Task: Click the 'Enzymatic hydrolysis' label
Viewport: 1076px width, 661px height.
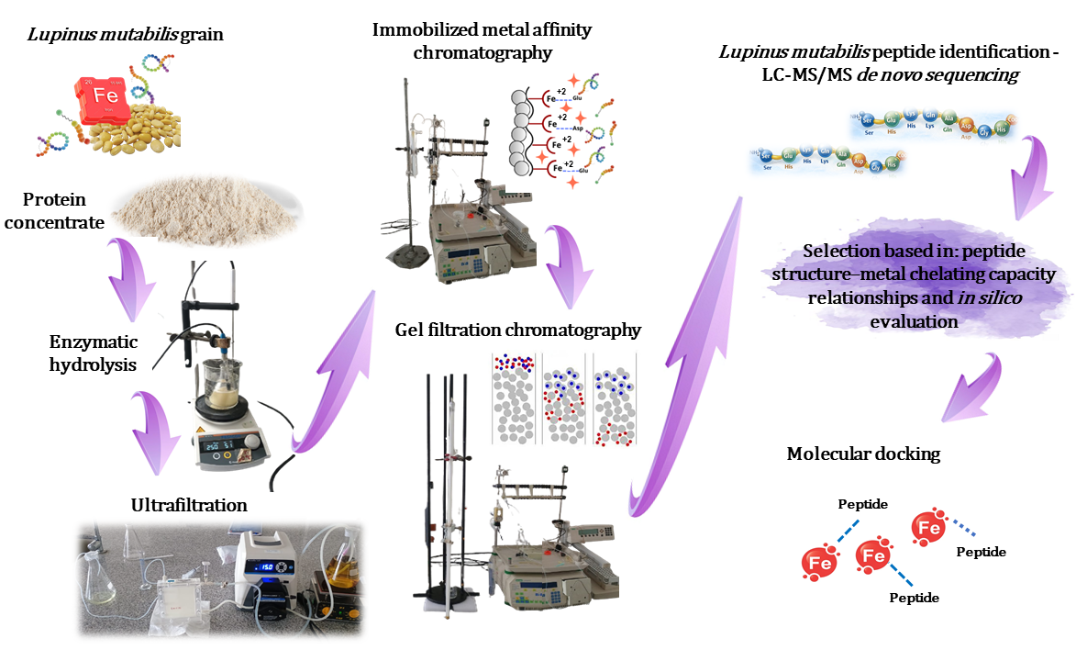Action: (94, 353)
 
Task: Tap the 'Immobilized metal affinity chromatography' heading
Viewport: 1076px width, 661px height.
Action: (482, 40)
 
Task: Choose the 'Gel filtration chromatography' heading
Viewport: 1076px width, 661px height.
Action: (519, 329)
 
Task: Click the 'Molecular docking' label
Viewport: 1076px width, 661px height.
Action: (863, 454)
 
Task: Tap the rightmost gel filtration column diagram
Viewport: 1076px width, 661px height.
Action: (615, 399)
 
